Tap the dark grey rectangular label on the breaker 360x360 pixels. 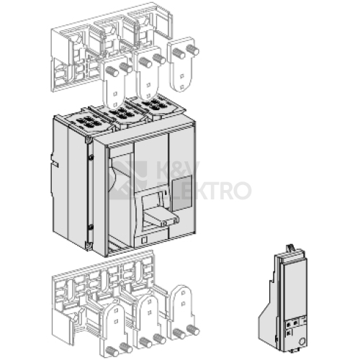click(x=182, y=192)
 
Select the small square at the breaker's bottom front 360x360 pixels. click(x=145, y=239)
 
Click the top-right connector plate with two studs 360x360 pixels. click(x=184, y=65)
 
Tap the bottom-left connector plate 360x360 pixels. click(x=117, y=332)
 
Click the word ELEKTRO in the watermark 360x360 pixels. click(x=204, y=191)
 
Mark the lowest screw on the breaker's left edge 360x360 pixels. click(x=88, y=245)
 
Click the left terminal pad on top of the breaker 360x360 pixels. click(x=87, y=121)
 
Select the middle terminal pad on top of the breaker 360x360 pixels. click(x=123, y=114)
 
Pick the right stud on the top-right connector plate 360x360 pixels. click(x=193, y=50)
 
